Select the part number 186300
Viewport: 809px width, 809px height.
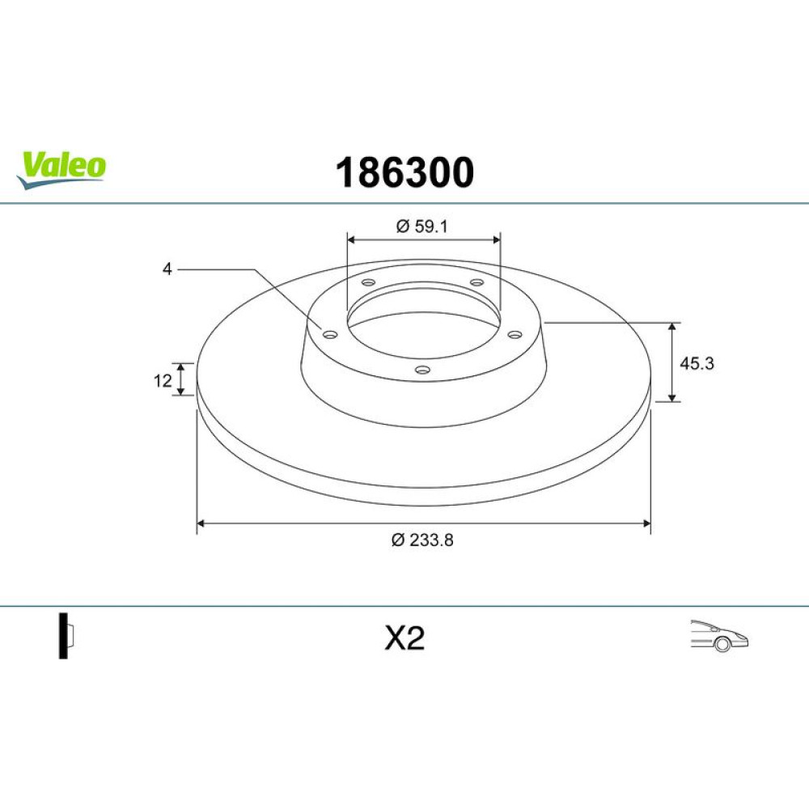click(404, 172)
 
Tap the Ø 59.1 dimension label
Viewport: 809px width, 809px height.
click(421, 226)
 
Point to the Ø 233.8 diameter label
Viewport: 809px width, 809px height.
click(422, 540)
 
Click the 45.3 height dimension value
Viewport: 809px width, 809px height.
click(697, 363)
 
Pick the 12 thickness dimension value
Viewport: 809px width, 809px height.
click(163, 381)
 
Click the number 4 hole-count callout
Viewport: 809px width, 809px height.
click(167, 269)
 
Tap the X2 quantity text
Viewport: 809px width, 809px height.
click(404, 638)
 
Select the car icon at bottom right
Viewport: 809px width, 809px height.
click(719, 636)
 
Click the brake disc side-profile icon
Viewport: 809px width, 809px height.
click(66, 636)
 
